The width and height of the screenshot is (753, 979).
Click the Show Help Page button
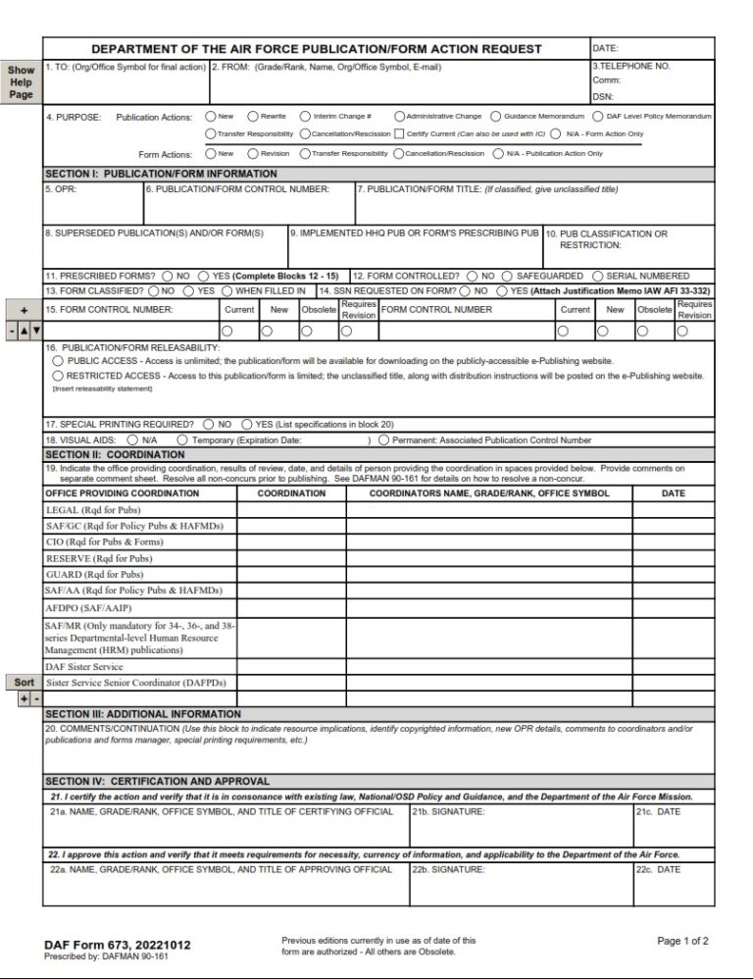(21, 82)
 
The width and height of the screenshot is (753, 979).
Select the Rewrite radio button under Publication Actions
(253, 116)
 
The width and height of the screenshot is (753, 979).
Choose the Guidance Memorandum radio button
(495, 116)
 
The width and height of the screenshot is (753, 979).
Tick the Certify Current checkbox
(399, 133)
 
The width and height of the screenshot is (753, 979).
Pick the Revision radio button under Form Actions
(253, 153)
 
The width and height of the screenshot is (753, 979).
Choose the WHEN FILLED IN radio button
(227, 291)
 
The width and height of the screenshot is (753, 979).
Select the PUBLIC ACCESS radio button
(58, 361)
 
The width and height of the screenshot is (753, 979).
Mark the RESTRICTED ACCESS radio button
(58, 376)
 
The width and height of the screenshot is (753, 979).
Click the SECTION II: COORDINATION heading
(115, 455)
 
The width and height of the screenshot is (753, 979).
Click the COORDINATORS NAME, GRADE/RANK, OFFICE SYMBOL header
(488, 493)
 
